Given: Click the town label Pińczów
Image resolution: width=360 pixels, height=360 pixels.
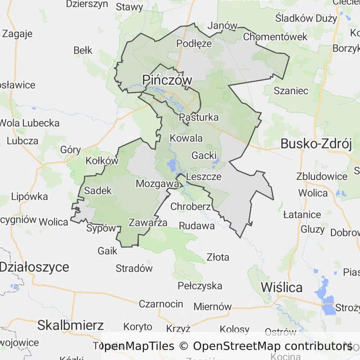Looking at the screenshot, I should pyautogui.click(x=167, y=80).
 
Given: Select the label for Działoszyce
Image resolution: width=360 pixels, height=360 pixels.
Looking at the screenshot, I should pyautogui.click(x=34, y=267).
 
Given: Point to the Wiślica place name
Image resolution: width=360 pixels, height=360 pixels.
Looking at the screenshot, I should pyautogui.click(x=281, y=287).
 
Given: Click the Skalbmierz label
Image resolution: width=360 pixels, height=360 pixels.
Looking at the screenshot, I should pyautogui.click(x=70, y=325).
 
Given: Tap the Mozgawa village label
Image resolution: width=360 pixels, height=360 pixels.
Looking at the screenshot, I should pyautogui.click(x=157, y=184).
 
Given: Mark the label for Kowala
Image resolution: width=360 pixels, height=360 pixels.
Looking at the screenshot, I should pyautogui.click(x=186, y=138).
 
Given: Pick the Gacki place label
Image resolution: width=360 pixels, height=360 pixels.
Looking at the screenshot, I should pyautogui.click(x=204, y=155).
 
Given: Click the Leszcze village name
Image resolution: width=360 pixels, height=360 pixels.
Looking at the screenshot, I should pyautogui.click(x=203, y=177).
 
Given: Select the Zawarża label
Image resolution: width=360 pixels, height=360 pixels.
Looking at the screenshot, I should pyautogui.click(x=148, y=223).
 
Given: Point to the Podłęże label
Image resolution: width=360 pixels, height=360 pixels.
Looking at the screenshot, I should pyautogui.click(x=194, y=43).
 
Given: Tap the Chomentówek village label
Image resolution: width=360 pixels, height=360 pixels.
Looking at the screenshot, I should pyautogui.click(x=275, y=36).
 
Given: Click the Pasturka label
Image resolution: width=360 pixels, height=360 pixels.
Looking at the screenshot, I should pyautogui.click(x=199, y=117).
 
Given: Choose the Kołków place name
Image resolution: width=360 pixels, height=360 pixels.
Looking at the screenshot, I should pyautogui.click(x=102, y=161).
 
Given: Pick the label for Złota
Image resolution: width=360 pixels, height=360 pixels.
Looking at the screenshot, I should pyautogui.click(x=218, y=257).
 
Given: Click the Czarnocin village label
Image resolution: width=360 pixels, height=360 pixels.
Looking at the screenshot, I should pyautogui.click(x=161, y=304).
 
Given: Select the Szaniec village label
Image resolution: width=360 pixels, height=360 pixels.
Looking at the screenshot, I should pyautogui.click(x=291, y=90).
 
